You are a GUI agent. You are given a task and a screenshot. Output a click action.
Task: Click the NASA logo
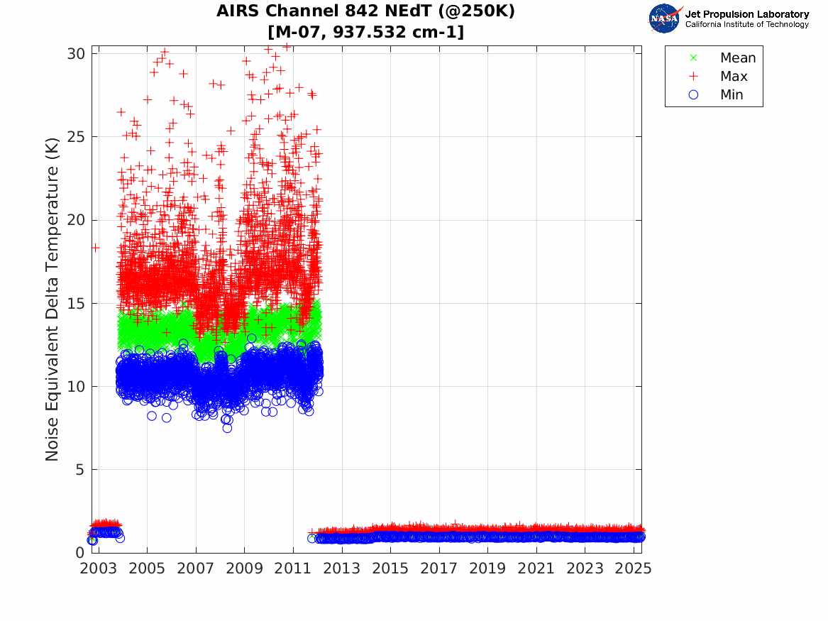[665, 18]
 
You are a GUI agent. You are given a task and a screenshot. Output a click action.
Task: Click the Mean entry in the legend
[737, 58]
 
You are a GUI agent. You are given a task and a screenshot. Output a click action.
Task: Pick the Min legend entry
[732, 95]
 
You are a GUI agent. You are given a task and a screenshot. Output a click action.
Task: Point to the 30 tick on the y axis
[78, 54]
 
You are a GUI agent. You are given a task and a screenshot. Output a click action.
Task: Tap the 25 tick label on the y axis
[78, 137]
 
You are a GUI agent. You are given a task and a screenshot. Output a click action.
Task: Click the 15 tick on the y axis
[78, 303]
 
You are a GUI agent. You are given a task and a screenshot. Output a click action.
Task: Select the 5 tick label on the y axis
[82, 470]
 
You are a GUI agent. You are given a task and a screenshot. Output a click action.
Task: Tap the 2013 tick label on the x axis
[341, 569]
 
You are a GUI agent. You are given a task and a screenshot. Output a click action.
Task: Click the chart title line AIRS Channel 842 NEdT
[365, 11]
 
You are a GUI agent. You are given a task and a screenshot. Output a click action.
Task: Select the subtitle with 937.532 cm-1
[365, 32]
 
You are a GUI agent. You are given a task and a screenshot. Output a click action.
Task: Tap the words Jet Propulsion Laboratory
[746, 14]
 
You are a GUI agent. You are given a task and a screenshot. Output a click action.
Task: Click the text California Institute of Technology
[746, 25]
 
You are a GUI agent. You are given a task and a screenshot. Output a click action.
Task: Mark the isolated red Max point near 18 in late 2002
[95, 247]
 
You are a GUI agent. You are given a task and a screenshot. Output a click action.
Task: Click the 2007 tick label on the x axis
[196, 569]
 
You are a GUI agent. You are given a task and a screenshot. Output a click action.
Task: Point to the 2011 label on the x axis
[293, 569]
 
